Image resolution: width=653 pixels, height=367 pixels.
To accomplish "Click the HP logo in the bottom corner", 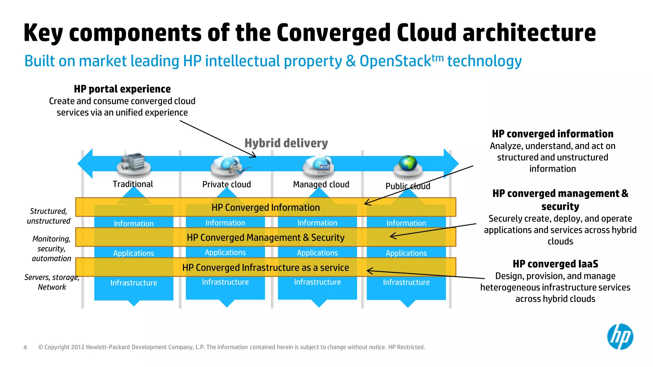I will (620, 337).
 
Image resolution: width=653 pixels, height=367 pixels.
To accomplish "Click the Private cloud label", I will (226, 184).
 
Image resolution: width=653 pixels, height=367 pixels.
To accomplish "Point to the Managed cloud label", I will (321, 184).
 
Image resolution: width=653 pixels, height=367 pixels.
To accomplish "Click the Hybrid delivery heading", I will (286, 143).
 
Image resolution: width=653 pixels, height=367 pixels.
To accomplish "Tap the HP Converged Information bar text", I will (266, 208).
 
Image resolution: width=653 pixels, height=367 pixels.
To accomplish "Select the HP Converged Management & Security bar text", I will (266, 238).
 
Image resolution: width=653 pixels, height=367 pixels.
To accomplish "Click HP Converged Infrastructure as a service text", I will (266, 268).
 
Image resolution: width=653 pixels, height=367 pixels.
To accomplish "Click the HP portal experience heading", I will (122, 89).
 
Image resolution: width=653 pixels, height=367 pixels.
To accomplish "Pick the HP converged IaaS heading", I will (555, 264).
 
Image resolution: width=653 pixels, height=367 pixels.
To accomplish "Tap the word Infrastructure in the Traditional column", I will (134, 283).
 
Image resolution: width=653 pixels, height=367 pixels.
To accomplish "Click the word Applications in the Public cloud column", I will (406, 253).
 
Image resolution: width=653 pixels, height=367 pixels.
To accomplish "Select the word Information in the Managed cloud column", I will (317, 223).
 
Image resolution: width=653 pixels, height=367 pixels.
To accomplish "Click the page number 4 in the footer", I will (25, 348).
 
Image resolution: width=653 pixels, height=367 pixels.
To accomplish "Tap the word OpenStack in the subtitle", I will (395, 61).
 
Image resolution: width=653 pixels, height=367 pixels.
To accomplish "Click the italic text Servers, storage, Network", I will (52, 282).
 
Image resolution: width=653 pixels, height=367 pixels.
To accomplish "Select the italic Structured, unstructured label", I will (48, 216).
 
